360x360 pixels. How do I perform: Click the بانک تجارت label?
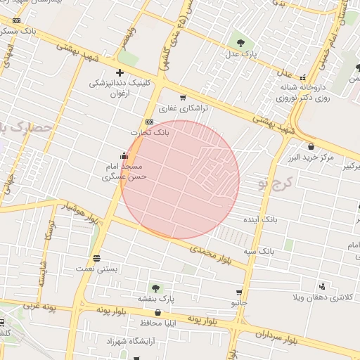pyautogui.click(x=150, y=132)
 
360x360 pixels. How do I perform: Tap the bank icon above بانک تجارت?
pyautogui.click(x=148, y=122)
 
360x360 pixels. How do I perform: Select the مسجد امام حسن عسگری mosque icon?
pyautogui.click(x=124, y=156)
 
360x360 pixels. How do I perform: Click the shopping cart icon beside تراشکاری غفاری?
pyautogui.click(x=184, y=98)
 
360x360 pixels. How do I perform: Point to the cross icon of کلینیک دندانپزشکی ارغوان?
pyautogui.click(x=120, y=72)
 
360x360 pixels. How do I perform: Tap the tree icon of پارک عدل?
pyautogui.click(x=241, y=43)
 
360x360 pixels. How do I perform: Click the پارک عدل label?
pyautogui.click(x=241, y=53)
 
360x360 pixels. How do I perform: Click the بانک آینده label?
pyautogui.click(x=261, y=220)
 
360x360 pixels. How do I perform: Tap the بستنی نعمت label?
pyautogui.click(x=96, y=269)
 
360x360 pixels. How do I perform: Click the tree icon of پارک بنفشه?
pyautogui.click(x=155, y=288)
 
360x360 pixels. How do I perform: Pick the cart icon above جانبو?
pyautogui.click(x=239, y=292)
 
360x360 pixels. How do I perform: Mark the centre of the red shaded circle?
pyautogui.click(x=180, y=180)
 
